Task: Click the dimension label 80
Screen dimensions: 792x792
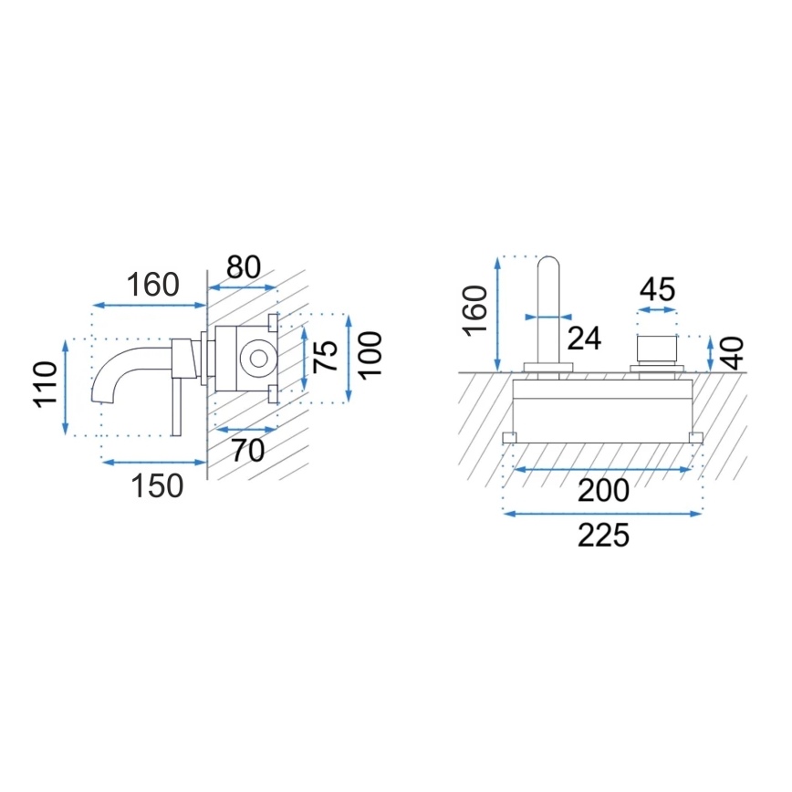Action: click(x=244, y=266)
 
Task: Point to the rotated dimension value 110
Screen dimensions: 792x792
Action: click(x=47, y=386)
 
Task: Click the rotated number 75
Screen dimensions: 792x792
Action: click(x=327, y=356)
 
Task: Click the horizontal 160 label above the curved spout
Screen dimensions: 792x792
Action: click(x=151, y=285)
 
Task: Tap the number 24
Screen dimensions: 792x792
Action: click(x=584, y=338)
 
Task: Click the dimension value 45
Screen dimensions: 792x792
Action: click(x=657, y=289)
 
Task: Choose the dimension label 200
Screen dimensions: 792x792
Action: click(x=603, y=490)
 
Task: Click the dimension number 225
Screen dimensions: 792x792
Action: click(x=603, y=535)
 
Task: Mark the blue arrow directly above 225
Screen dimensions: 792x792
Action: click(x=603, y=514)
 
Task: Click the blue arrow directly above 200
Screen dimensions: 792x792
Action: click(x=603, y=469)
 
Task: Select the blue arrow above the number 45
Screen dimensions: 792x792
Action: click(x=657, y=311)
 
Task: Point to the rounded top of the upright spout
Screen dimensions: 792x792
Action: click(x=548, y=266)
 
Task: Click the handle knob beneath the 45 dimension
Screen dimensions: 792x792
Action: click(x=657, y=349)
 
